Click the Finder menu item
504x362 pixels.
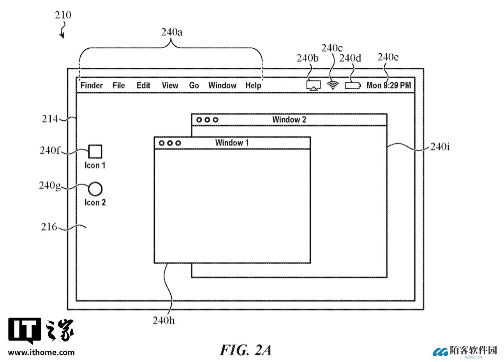tap(92, 85)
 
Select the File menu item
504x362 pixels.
tap(118, 85)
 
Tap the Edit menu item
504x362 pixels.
tap(143, 85)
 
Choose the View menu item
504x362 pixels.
tap(170, 85)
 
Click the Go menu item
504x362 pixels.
tap(194, 85)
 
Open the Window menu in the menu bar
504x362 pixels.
tap(222, 85)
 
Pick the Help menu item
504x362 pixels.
tap(253, 85)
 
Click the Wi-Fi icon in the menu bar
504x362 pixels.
tap(332, 85)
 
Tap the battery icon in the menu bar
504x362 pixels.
tap(352, 85)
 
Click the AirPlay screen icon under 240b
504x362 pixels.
tap(313, 85)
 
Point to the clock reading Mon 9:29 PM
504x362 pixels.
tap(389, 85)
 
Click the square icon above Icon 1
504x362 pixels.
tap(95, 151)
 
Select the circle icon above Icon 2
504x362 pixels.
tap(95, 189)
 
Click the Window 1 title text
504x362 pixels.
tap(232, 143)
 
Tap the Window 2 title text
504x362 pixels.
tap(289, 120)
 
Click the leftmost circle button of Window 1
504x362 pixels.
tap(161, 143)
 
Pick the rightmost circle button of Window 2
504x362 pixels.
tap(215, 120)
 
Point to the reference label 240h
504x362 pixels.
tap(164, 320)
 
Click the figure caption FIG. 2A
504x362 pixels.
tap(245, 350)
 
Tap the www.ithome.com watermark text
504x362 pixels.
tap(41, 353)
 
